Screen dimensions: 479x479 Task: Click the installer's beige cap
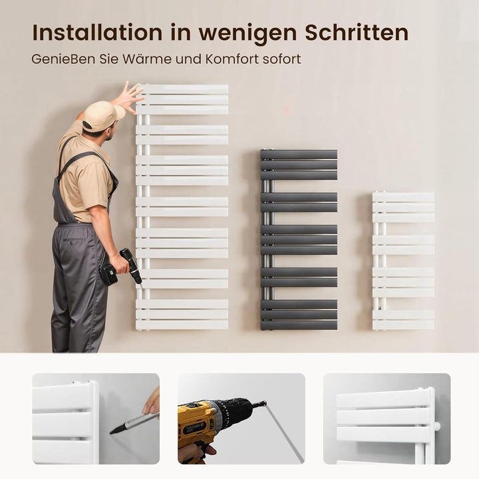[102, 115]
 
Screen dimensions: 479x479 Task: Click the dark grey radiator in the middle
[299, 239]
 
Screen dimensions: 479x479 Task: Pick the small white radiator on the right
[403, 261]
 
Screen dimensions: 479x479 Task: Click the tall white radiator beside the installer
[182, 207]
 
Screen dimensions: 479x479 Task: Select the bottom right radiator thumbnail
[387, 418]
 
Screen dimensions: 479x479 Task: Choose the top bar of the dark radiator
[299, 154]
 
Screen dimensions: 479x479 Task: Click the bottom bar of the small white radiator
[403, 325]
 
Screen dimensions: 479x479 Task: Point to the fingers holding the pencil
[152, 403]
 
